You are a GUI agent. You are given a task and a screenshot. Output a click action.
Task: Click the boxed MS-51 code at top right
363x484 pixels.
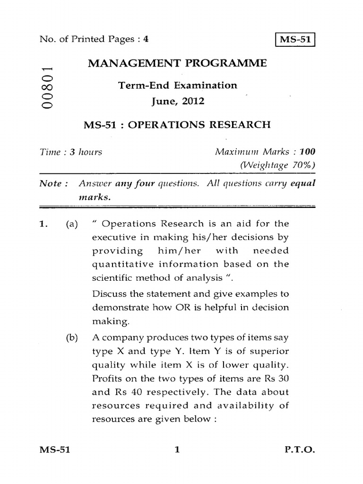point(295,40)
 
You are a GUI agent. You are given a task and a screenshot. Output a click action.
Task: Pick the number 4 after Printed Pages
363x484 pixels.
point(146,40)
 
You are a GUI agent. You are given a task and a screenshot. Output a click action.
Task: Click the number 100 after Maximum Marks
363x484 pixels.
point(308,152)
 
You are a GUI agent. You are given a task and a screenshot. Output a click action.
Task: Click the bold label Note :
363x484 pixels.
point(53,183)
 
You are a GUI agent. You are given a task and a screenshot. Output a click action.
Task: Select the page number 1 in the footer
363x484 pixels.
point(177,464)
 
